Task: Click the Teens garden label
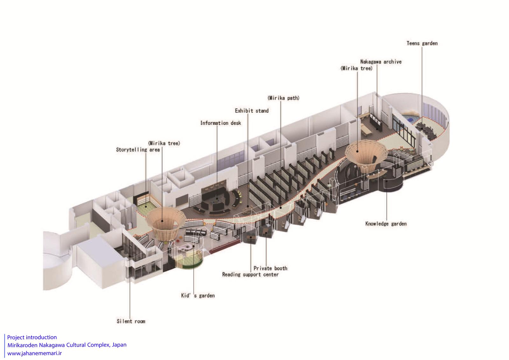point(422,43)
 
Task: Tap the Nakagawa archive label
point(381,62)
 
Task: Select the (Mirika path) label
point(283,98)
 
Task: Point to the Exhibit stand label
point(252,111)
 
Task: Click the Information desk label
point(220,123)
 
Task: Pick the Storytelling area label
point(138,150)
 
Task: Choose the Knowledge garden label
point(386,224)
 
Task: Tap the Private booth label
point(270,268)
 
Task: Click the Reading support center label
point(250,274)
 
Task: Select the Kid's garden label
point(198,295)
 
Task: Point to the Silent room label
point(131,321)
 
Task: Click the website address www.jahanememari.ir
point(35,353)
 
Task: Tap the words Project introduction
point(32,337)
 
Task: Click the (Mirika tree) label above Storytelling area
point(164,143)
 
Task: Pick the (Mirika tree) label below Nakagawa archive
point(356,68)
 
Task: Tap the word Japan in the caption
point(119,345)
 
